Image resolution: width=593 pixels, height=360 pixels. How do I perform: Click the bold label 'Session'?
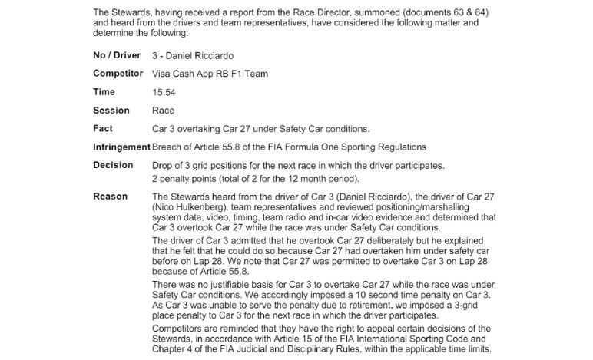click(111, 111)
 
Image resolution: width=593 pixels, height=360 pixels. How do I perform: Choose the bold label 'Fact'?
click(103, 128)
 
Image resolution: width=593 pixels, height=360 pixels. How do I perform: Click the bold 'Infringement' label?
click(121, 147)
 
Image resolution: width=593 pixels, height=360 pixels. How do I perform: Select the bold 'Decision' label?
click(113, 165)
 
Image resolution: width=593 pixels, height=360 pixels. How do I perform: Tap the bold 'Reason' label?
click(110, 197)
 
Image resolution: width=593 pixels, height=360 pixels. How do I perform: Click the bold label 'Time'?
click(104, 92)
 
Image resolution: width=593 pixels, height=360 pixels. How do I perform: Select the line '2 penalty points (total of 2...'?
click(256, 178)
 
